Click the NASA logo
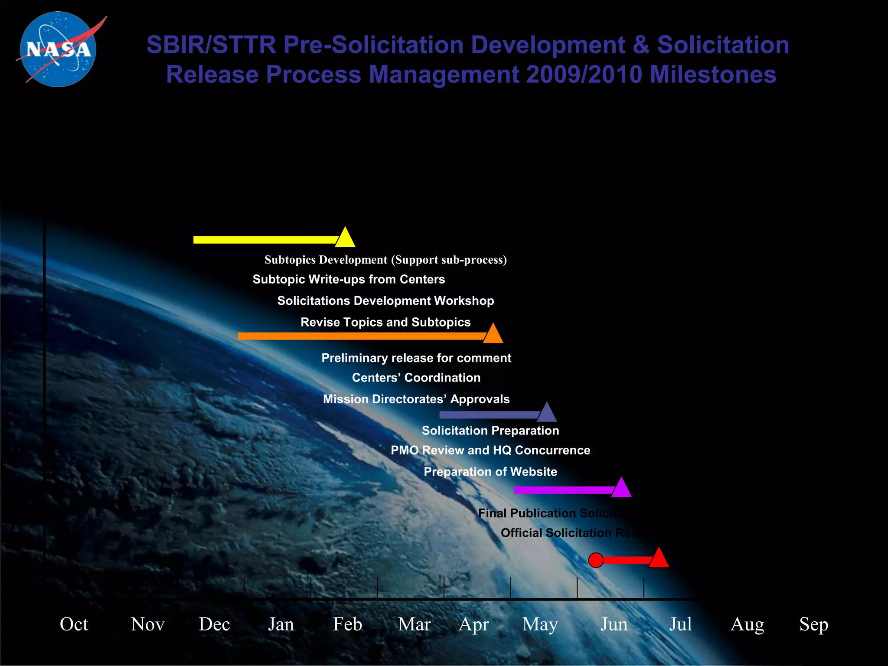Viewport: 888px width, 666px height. pos(59,49)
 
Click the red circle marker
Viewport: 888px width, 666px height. pos(596,560)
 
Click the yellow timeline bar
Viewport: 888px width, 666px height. pos(264,240)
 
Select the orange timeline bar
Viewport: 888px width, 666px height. pos(360,336)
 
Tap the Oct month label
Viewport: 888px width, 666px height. pos(74,624)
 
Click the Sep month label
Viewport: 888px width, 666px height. pos(813,624)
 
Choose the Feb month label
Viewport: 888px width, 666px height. pos(347,624)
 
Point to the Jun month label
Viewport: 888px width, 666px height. pos(614,624)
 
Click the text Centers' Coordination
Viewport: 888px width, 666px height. pos(416,378)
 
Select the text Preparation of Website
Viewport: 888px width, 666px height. pos(490,472)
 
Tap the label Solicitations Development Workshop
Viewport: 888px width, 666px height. pos(385,301)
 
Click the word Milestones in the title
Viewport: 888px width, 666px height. pos(712,75)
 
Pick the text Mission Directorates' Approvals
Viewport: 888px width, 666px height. pos(416,399)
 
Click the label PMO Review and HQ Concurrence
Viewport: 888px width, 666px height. pos(490,451)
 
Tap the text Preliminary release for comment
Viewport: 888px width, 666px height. pos(416,358)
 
